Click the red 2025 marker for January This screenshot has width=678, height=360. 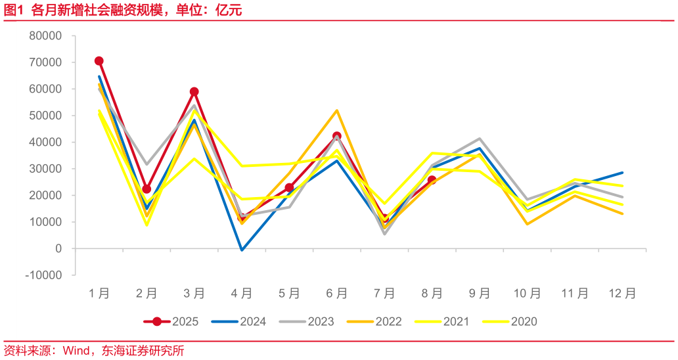99,61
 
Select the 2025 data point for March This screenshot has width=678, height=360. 194,92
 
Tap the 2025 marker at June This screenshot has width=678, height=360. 337,137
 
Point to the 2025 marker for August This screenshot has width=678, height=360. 432,180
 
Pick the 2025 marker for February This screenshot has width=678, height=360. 147,189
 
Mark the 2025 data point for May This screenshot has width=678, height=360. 289,188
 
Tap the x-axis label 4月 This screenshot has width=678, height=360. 242,294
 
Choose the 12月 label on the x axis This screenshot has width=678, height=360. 621,294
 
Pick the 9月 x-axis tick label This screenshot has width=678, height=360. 480,294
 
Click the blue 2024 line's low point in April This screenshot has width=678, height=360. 242,250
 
